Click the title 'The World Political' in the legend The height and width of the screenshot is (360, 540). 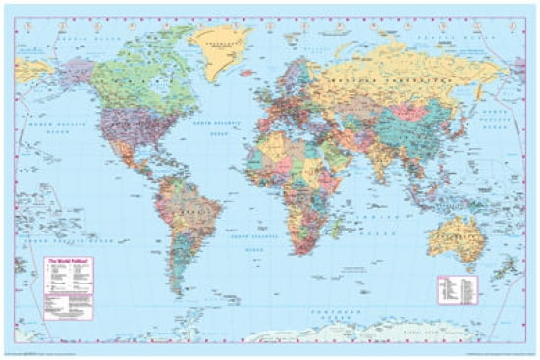tap(64, 261)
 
